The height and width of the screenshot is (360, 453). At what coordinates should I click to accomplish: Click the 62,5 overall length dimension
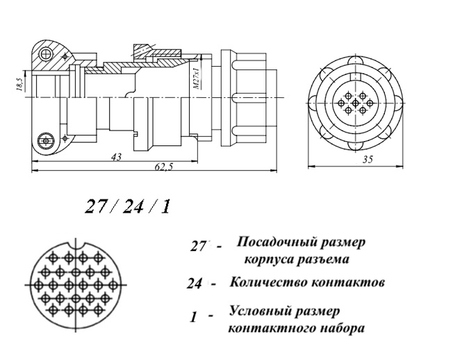[x=163, y=167]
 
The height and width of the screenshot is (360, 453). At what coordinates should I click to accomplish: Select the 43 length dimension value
[x=117, y=157]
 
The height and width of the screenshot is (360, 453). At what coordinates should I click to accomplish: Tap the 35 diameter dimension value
[x=367, y=159]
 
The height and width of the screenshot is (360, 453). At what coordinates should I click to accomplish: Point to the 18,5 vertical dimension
[x=20, y=84]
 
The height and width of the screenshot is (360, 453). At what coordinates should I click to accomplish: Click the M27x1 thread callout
[x=196, y=79]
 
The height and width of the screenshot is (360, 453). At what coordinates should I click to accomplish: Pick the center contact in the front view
[x=355, y=103]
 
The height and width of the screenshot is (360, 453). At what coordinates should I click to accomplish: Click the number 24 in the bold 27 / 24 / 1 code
[x=133, y=207]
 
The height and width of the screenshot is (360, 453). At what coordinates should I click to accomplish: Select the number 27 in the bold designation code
[x=95, y=207]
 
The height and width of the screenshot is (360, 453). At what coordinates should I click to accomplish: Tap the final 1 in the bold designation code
[x=165, y=207]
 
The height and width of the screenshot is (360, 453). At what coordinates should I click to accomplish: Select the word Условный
[x=261, y=311]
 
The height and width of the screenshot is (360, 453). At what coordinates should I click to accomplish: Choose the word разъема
[x=324, y=259]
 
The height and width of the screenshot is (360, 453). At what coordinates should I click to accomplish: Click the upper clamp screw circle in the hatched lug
[x=46, y=54]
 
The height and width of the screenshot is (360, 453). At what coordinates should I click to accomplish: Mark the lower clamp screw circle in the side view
[x=46, y=141]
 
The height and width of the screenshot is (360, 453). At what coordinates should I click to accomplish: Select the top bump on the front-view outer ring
[x=356, y=60]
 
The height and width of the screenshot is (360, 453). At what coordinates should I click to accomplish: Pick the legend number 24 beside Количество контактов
[x=194, y=284]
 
